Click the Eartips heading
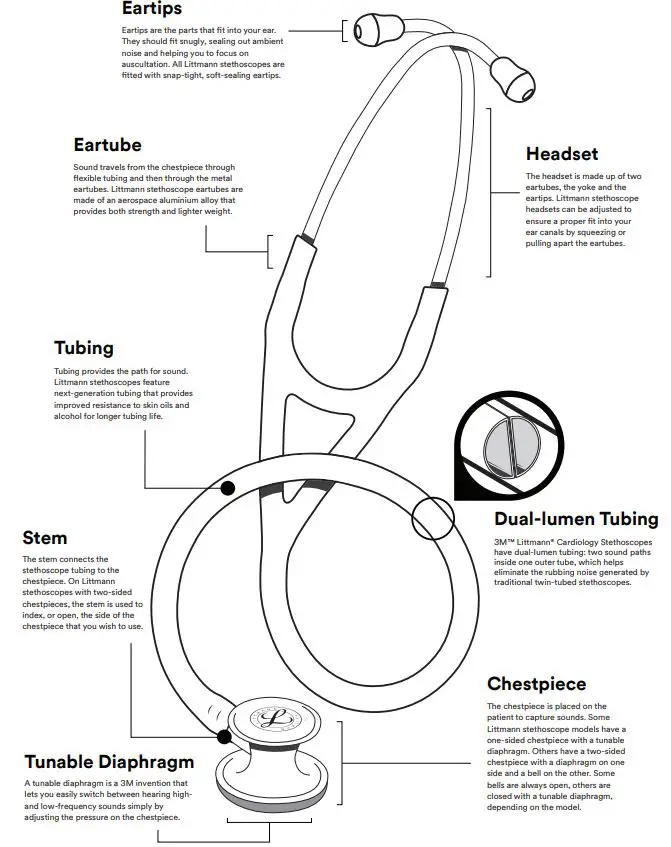(151, 9)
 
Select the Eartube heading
(107, 145)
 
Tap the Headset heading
(562, 154)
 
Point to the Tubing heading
(84, 348)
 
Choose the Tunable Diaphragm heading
(108, 761)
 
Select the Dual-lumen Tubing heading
(576, 519)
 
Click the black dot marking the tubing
(228, 488)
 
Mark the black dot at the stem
(223, 738)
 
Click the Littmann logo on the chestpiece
(268, 721)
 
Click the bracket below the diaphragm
(269, 825)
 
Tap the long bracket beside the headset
(490, 190)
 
